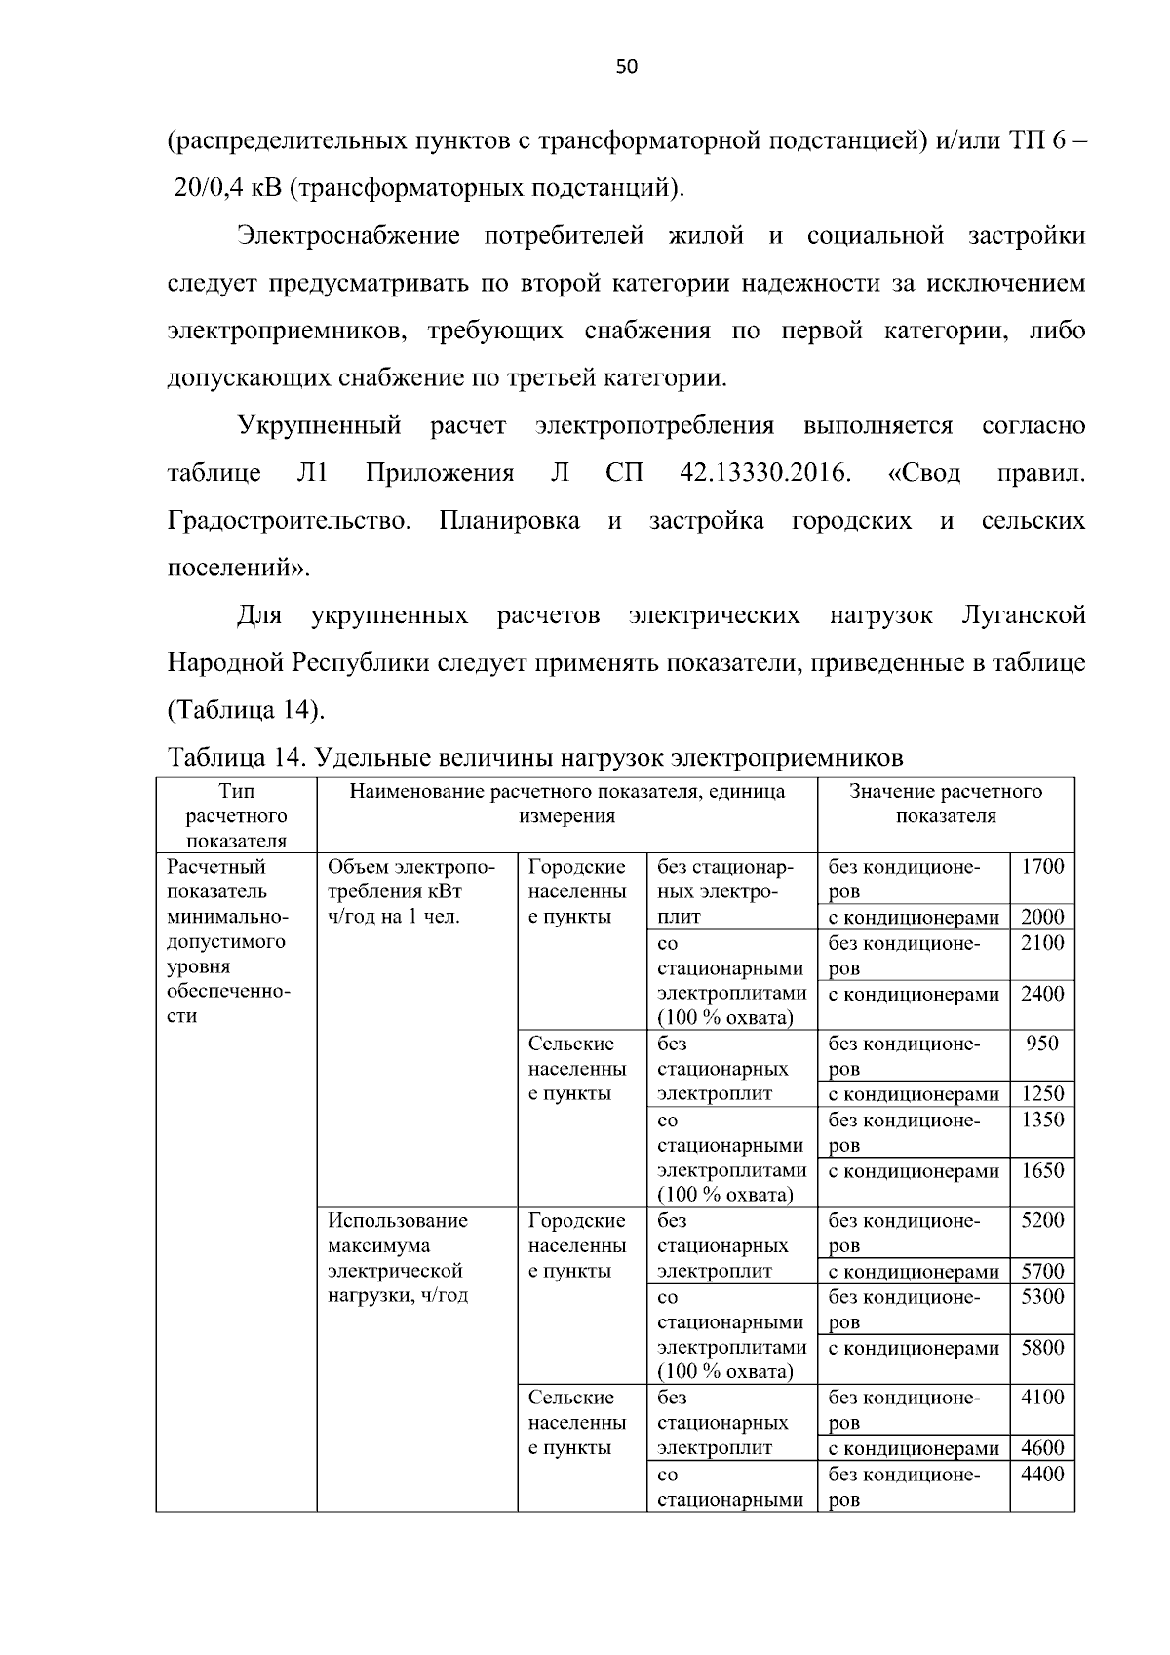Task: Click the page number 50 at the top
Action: point(627,67)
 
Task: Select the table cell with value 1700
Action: point(1041,867)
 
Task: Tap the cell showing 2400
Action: point(1041,995)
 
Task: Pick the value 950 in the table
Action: point(1041,1044)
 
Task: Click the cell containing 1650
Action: point(1041,1171)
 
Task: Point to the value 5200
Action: point(1041,1221)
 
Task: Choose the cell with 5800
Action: point(1041,1349)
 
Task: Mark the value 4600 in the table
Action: point(1041,1448)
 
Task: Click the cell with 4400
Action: point(1041,1475)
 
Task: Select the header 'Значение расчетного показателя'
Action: point(945,804)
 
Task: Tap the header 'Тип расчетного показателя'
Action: point(236,815)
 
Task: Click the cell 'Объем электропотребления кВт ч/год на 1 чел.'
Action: point(410,891)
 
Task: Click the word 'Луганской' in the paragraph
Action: point(1023,616)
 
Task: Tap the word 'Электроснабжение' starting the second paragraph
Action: point(348,236)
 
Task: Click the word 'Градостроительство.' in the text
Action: point(289,521)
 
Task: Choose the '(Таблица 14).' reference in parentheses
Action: point(246,710)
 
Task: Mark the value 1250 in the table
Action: point(1041,1094)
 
